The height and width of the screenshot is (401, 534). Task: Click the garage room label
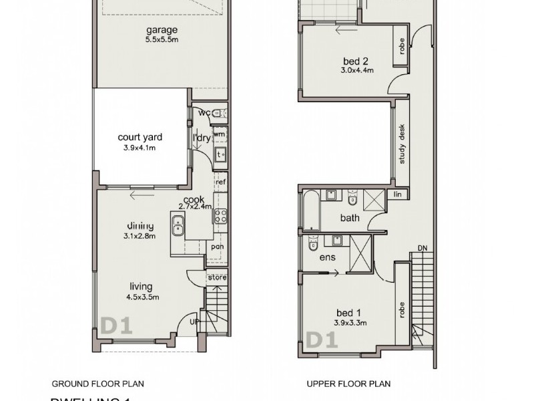[x=162, y=30]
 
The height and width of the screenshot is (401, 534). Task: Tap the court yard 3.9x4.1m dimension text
[x=140, y=148]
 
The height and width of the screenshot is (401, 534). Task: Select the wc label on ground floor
[x=203, y=113]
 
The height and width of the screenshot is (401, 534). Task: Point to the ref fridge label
[x=220, y=181]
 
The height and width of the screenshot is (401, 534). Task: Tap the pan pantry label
[x=217, y=246]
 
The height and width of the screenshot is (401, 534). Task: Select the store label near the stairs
[x=217, y=277]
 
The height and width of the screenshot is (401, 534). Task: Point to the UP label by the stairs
[x=195, y=321]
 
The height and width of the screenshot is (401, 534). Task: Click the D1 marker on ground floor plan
[x=116, y=326]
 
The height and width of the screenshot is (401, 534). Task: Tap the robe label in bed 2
[x=400, y=45]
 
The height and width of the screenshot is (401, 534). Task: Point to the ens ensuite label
[x=328, y=257]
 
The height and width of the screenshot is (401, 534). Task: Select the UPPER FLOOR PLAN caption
[x=348, y=384]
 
